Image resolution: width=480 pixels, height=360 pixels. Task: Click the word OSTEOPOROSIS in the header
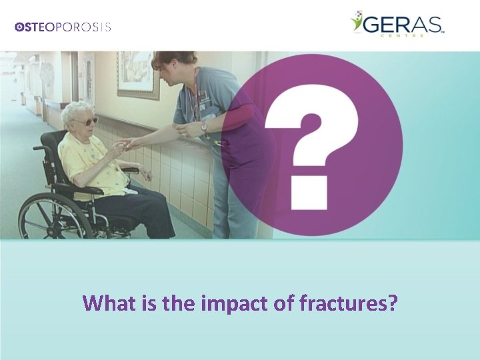point(63,27)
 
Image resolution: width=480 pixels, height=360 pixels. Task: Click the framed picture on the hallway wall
point(139,75)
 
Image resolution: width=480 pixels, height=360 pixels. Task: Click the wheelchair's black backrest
point(50,160)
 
